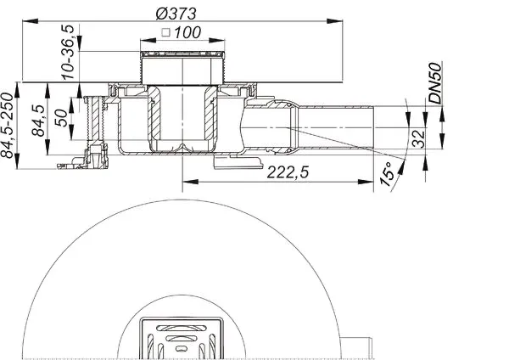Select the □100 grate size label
point(178,33)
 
